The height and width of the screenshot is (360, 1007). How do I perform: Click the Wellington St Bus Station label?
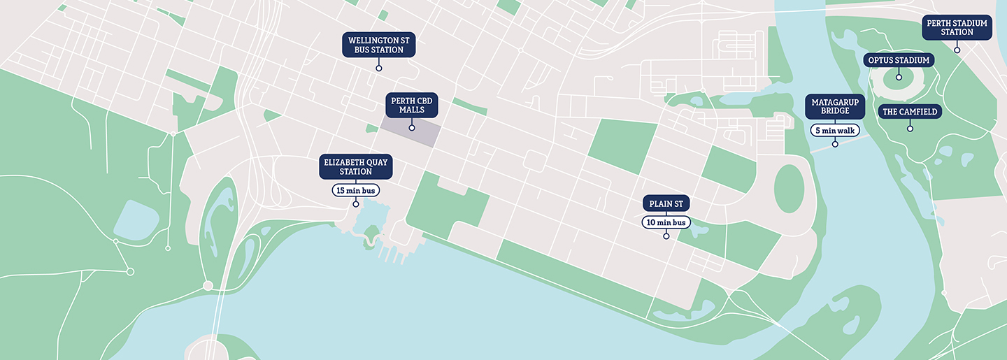(378, 45)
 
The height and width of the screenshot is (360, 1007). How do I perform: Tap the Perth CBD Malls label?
(412, 105)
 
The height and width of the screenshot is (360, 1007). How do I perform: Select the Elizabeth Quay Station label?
(355, 166)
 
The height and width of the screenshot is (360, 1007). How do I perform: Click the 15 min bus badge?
(355, 190)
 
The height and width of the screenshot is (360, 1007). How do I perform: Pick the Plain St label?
(666, 203)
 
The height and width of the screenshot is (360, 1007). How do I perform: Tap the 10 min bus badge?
(666, 222)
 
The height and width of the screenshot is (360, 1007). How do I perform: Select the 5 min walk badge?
(835, 130)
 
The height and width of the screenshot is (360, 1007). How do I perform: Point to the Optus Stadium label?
(899, 60)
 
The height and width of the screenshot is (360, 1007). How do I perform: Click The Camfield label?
(910, 112)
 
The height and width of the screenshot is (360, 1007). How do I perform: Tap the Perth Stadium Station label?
(957, 27)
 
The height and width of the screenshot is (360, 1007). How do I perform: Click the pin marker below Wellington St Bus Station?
(378, 69)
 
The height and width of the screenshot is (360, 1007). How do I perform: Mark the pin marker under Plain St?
(666, 236)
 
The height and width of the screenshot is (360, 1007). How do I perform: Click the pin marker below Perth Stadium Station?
(957, 50)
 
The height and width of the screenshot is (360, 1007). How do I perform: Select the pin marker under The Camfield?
(910, 129)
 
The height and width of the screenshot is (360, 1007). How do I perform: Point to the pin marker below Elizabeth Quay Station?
(356, 204)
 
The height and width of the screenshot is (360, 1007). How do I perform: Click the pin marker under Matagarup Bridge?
(835, 145)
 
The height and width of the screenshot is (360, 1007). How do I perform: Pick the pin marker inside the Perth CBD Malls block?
(412, 128)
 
